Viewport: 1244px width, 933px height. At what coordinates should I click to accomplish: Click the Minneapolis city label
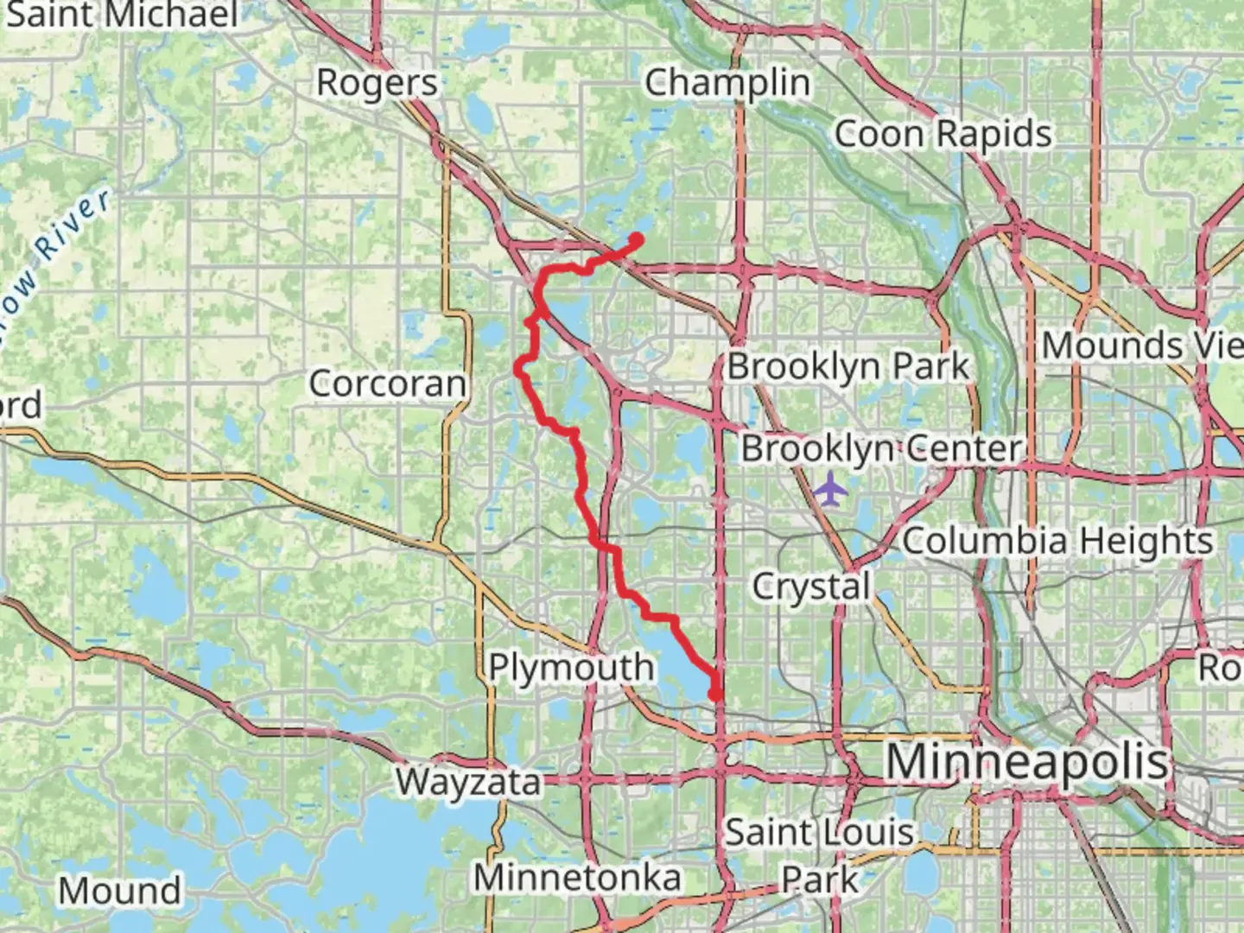click(x=1027, y=762)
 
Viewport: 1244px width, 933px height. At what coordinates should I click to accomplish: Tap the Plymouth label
click(x=571, y=667)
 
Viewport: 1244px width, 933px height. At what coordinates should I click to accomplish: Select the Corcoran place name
click(x=387, y=384)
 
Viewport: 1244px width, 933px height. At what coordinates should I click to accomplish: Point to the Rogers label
click(x=377, y=83)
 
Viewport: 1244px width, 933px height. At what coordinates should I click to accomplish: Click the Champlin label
click(x=727, y=83)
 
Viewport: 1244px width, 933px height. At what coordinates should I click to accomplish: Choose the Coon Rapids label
click(x=943, y=134)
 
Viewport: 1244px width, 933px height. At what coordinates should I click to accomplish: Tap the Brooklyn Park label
click(x=848, y=366)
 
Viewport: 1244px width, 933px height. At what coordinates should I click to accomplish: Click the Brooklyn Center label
click(x=881, y=448)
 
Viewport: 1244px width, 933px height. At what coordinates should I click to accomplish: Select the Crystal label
click(x=810, y=587)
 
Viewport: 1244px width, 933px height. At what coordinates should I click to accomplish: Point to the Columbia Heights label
click(x=1057, y=542)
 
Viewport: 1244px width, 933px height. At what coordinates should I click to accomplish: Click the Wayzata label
click(x=468, y=782)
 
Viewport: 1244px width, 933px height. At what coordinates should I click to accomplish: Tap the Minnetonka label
click(x=577, y=878)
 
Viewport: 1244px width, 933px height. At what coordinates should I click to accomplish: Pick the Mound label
click(x=120, y=890)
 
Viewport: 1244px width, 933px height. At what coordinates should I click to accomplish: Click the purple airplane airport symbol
click(x=830, y=489)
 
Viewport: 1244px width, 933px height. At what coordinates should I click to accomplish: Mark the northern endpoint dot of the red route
click(x=637, y=239)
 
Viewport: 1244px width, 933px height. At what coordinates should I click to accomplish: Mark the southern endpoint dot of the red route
click(x=715, y=693)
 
